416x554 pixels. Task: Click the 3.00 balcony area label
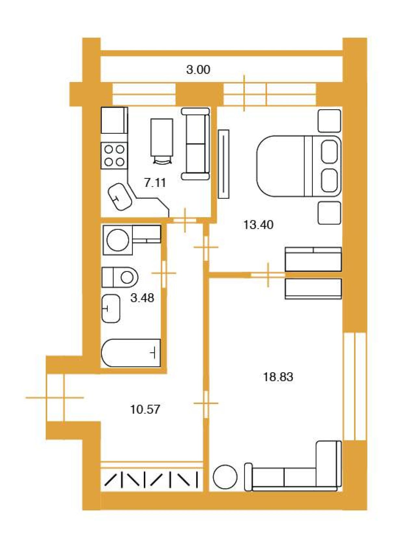point(198,70)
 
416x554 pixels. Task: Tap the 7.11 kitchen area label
point(155,183)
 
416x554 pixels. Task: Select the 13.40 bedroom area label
point(258,225)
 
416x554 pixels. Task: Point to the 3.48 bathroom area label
point(142,298)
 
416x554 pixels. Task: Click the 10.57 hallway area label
point(145,409)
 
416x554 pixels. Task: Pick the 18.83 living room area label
point(278,377)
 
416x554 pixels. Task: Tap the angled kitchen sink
point(120,197)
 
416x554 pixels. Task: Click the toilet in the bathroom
point(120,277)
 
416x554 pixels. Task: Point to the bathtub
point(131,353)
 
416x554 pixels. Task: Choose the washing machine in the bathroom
point(118,240)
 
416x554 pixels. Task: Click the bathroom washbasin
point(111,308)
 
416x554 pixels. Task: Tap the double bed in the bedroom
point(299,166)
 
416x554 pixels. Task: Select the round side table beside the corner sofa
point(225,477)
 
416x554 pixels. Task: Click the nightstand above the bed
point(329,121)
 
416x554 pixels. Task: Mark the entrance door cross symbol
point(55,397)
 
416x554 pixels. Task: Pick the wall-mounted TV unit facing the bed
point(224,164)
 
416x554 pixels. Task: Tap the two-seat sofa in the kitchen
point(195,144)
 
